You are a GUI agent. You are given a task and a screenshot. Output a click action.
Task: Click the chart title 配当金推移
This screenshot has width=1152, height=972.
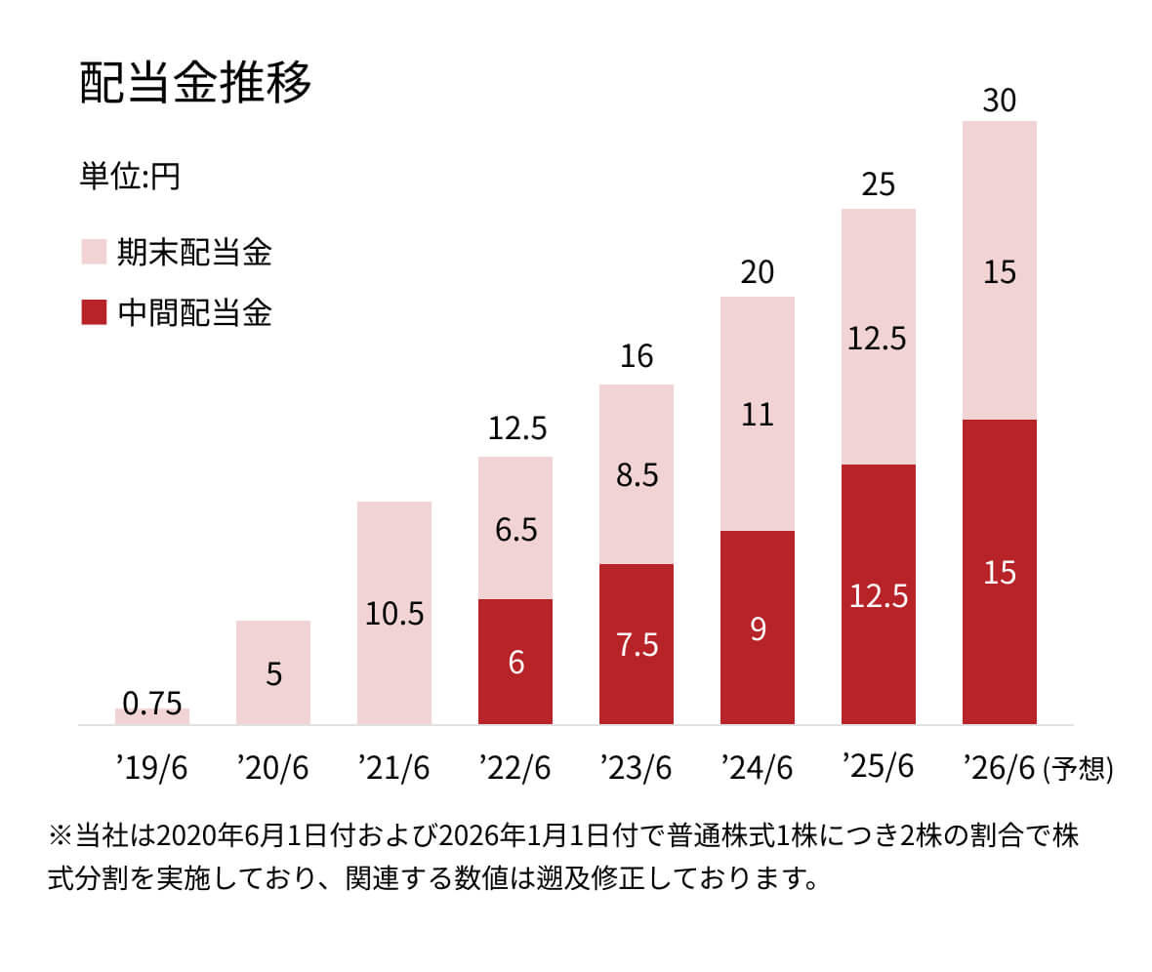(195, 85)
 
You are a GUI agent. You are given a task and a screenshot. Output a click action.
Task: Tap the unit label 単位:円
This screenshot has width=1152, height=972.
(130, 179)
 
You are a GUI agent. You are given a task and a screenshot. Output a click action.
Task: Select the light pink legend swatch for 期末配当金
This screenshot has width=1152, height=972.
(93, 253)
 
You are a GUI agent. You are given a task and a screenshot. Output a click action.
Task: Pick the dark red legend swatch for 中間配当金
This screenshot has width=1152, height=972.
(93, 313)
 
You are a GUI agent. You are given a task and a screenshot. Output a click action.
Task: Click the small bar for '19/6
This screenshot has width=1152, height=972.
(152, 716)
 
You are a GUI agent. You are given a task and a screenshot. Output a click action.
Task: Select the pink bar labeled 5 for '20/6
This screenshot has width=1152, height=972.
(273, 672)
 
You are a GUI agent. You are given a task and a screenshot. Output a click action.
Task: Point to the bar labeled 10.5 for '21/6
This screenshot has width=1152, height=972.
(394, 613)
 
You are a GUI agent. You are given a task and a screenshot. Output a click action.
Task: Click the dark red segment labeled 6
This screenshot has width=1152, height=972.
(515, 662)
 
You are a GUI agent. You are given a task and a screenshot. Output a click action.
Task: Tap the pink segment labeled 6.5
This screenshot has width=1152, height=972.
(515, 528)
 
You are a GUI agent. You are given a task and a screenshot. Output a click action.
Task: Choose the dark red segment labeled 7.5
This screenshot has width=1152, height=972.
(637, 644)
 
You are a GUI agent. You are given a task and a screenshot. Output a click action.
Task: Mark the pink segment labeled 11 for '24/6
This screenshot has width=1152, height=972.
(758, 414)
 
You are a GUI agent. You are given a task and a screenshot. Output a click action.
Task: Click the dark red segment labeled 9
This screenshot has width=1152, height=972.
(758, 628)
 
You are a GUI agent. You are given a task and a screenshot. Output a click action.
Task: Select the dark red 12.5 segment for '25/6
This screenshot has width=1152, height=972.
(879, 594)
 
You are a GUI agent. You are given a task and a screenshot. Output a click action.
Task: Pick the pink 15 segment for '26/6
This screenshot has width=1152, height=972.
(1000, 270)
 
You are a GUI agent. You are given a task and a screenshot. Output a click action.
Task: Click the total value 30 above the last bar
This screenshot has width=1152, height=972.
(1000, 101)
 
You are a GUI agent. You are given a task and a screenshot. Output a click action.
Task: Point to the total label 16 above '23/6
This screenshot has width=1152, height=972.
(637, 357)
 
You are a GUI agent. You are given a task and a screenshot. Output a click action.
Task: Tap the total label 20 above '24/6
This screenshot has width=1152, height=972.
(758, 272)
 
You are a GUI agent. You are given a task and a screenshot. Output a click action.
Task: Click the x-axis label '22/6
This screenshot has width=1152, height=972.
(515, 769)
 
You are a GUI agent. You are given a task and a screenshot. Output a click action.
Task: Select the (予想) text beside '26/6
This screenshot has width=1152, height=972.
(1078, 769)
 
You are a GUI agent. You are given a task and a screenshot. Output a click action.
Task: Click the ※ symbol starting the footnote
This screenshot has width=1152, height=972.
(60, 837)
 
